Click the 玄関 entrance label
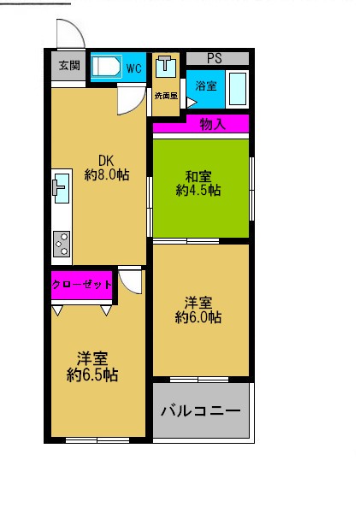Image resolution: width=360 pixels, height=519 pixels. (x=68, y=66)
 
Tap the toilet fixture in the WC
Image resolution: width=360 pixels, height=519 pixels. (x=107, y=67)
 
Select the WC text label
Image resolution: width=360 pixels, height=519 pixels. (x=134, y=68)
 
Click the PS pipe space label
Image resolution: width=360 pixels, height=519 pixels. (x=215, y=58)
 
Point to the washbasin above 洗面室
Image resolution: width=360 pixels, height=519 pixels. (x=166, y=65)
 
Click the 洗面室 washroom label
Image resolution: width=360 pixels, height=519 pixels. (x=166, y=96)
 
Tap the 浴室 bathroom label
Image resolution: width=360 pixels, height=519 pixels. (x=206, y=86)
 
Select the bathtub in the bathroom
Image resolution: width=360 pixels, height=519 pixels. (x=238, y=87)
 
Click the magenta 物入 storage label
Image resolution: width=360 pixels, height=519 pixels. (x=212, y=124)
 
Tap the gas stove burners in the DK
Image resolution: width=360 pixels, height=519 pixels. (x=62, y=245)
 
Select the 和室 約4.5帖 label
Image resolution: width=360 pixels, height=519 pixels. (x=198, y=183)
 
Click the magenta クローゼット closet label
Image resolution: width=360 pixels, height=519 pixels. (x=82, y=285)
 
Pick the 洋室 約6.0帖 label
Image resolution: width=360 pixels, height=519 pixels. (x=198, y=310)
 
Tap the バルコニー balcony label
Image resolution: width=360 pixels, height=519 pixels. (x=201, y=411)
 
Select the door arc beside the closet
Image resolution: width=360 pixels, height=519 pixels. (x=131, y=281)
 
